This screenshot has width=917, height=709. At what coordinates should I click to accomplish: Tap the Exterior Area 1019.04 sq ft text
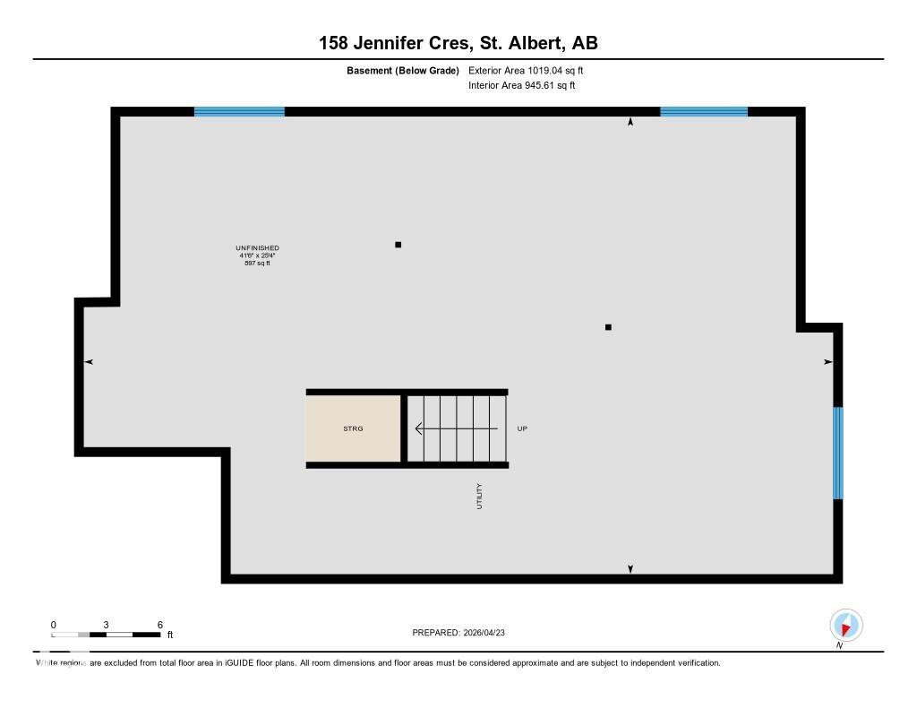[x=526, y=70]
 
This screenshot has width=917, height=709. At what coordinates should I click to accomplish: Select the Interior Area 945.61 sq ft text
[x=521, y=86]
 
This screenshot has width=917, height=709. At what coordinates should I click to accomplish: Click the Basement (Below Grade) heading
[x=402, y=70]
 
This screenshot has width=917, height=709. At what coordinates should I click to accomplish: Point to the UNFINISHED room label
[x=257, y=247]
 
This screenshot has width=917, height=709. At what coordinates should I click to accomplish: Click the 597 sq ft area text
[x=257, y=264]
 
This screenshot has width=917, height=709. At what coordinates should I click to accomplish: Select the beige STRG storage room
[x=353, y=428]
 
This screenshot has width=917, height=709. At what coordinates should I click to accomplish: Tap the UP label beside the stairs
[x=522, y=428]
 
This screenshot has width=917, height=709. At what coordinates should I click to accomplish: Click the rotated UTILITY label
[x=479, y=497]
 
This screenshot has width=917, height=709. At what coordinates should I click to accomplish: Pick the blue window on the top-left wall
[x=239, y=112]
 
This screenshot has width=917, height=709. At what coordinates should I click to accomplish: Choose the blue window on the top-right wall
[x=704, y=112]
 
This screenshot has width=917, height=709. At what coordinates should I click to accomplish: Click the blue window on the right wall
[x=838, y=453]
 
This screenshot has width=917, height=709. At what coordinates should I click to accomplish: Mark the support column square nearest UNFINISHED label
[x=398, y=244]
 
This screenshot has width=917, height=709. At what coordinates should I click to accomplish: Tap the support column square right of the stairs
[x=608, y=327]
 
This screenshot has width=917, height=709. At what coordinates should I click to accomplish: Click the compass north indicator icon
[x=845, y=625]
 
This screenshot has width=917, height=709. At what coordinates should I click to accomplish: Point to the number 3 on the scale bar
[x=106, y=625]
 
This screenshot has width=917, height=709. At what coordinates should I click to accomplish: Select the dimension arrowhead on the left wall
[x=89, y=361]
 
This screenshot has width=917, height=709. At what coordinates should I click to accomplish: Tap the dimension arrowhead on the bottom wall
[x=630, y=568]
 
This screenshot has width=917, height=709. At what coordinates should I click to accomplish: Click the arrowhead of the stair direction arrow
[x=418, y=428]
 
